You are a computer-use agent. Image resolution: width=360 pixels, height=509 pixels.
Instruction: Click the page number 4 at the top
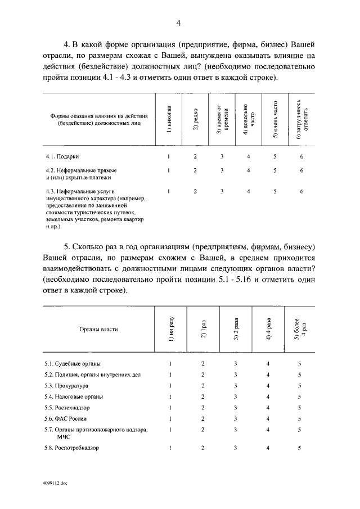point(178,23)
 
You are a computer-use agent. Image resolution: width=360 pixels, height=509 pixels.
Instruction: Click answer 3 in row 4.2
point(222,170)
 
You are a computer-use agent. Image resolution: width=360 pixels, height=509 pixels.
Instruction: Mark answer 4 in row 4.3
point(248,191)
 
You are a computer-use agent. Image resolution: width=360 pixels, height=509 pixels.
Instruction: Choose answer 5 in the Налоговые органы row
point(300,397)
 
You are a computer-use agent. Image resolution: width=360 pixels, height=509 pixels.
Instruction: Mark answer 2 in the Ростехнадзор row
point(202,408)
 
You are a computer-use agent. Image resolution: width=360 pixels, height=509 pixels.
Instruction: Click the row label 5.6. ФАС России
point(66,419)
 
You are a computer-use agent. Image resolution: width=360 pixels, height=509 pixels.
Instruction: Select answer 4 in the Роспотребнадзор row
point(268,448)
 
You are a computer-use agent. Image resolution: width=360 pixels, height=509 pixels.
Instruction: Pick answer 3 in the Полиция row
point(235,375)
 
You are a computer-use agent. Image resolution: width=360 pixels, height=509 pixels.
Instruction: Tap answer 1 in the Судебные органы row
point(170,363)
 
